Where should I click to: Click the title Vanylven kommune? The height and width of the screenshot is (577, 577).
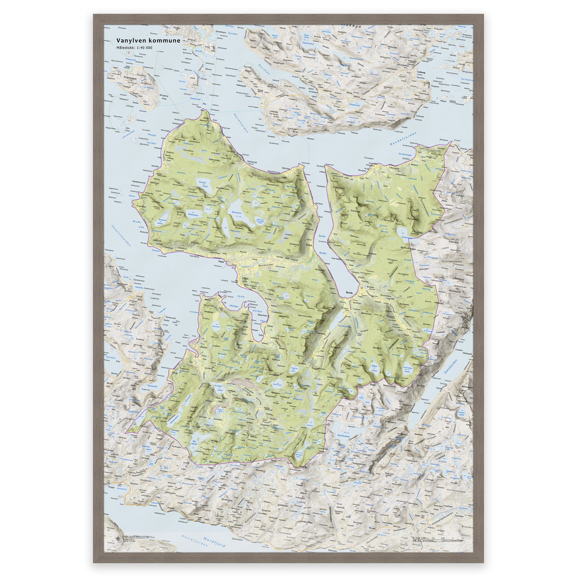[148, 41]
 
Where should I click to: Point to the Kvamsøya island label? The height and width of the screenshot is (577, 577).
[130, 78]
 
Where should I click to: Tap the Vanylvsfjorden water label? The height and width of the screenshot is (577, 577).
[121, 236]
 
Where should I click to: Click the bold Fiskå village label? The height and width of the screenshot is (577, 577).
[221, 262]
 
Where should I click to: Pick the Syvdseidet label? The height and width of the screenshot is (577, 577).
[265, 265]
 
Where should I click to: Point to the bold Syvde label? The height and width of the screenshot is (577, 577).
[349, 293]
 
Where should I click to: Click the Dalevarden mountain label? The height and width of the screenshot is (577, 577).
[214, 160]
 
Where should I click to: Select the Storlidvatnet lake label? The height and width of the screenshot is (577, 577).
[343, 436]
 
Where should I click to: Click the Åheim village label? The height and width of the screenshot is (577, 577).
[203, 348]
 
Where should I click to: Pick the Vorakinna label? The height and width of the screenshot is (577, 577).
[294, 244]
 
